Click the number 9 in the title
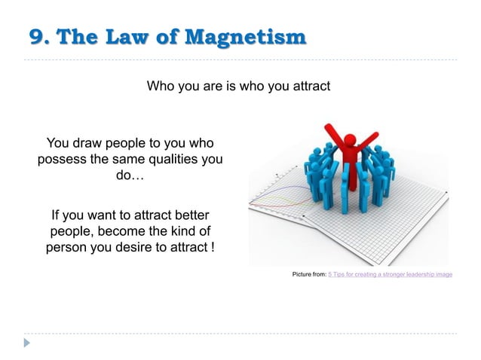tap(35, 36)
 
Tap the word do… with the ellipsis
tap(129, 175)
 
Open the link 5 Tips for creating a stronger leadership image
tap(390, 274)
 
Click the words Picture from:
tap(309, 274)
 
